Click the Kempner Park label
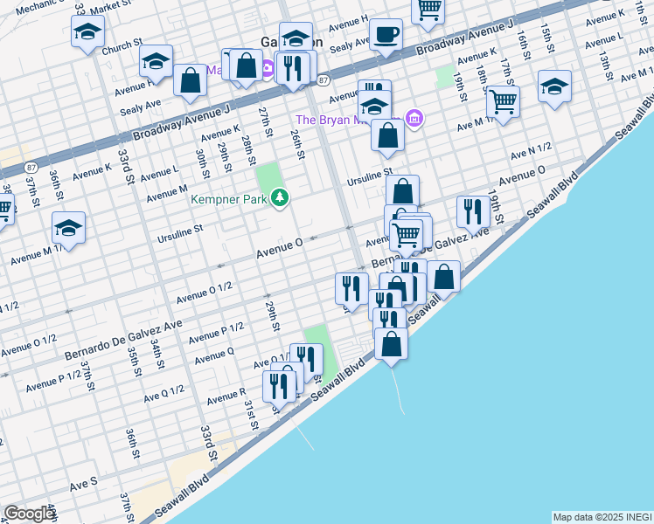point(231,200)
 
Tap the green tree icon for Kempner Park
point(281,199)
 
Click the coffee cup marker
point(385,35)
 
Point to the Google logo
point(29,514)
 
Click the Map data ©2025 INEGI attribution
point(602,517)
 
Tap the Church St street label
point(122,45)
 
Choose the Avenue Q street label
point(214,356)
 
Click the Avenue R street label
point(226,398)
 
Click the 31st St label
point(251,410)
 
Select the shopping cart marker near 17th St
point(503,101)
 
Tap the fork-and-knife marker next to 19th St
point(472,210)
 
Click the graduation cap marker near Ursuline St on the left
point(68,227)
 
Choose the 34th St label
point(157,355)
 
